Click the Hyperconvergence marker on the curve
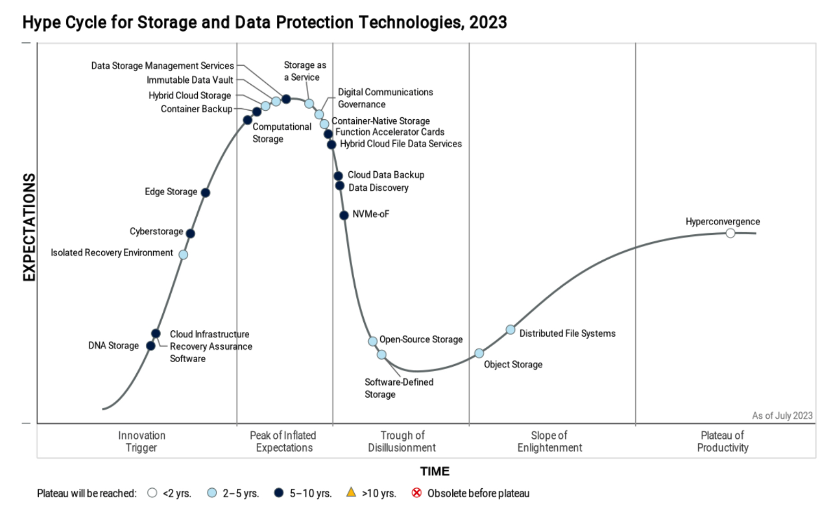(730, 233)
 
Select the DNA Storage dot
(151, 346)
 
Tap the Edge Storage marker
(205, 192)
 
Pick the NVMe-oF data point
(344, 215)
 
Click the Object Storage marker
(479, 353)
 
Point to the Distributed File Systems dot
(510, 330)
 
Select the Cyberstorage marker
(190, 233)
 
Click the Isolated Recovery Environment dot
(183, 254)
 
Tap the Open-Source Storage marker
(373, 341)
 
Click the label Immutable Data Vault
(190, 80)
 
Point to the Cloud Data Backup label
(385, 175)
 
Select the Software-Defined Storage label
(399, 388)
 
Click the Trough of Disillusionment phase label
(402, 442)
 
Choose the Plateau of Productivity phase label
(722, 442)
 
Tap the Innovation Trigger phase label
(142, 442)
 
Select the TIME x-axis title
(434, 471)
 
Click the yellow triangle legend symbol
(351, 492)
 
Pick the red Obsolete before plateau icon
(417, 493)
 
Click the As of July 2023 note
(782, 416)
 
